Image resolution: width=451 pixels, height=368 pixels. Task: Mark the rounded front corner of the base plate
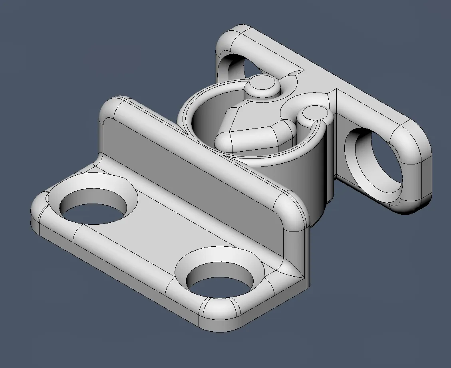[218, 315]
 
